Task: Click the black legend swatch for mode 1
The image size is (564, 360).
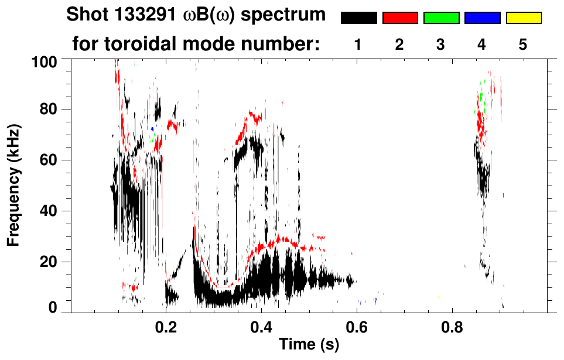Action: pyautogui.click(x=358, y=18)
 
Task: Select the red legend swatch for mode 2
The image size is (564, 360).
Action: pyautogui.click(x=400, y=18)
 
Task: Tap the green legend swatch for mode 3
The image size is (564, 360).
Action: pyautogui.click(x=441, y=18)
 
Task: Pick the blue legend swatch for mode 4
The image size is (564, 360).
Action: pyautogui.click(x=482, y=18)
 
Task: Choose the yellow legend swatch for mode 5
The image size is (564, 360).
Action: pyautogui.click(x=524, y=18)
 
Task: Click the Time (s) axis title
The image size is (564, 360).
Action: pyautogui.click(x=308, y=345)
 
